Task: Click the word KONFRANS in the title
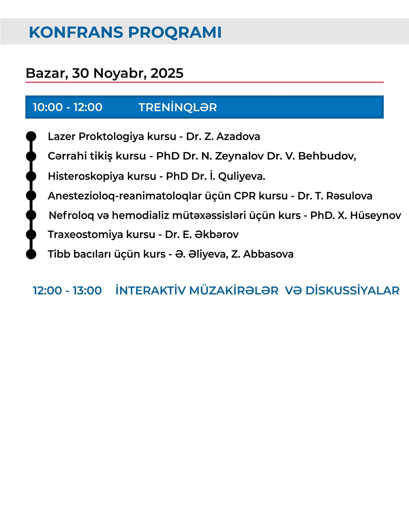coord(76,32)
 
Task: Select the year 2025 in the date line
coord(167,73)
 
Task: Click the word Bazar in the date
coord(47,73)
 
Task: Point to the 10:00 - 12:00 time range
coord(67,107)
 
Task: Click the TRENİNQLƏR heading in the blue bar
coord(178,107)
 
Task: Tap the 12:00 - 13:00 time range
coord(67,291)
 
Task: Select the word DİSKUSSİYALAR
coord(353,291)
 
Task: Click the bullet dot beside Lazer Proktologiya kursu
coord(31,136)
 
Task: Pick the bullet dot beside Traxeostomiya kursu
coord(31,235)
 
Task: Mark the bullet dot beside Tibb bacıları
coord(31,254)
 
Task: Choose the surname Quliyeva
coord(242,176)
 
